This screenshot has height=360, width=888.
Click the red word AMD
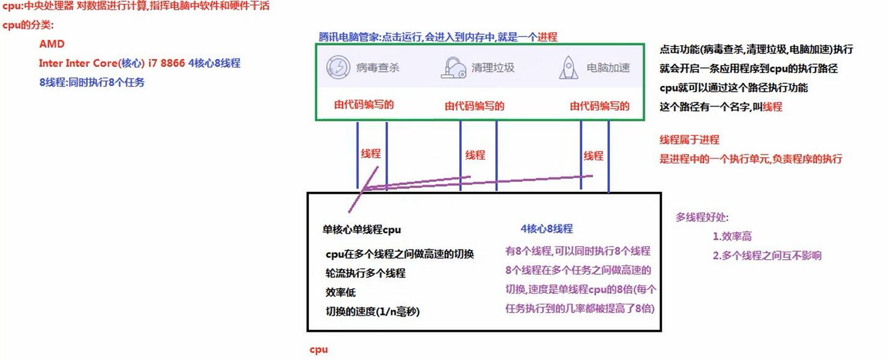[51, 44]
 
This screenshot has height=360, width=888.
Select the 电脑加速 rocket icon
[569, 67]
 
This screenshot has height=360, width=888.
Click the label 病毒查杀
[377, 67]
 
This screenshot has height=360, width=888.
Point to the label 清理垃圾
[493, 67]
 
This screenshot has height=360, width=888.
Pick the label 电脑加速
[608, 67]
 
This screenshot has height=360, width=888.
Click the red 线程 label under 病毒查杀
[371, 153]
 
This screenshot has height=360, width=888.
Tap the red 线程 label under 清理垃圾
[475, 155]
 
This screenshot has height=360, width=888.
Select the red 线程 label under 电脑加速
[593, 155]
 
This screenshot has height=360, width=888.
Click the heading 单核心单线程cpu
[362, 229]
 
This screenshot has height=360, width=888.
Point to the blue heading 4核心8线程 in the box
[546, 229]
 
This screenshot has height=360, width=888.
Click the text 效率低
[340, 293]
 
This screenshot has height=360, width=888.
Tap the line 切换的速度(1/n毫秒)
[373, 312]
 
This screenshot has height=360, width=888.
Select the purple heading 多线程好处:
[702, 217]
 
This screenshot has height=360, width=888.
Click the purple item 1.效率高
[732, 236]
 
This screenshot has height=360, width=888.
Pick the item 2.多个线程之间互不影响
[767, 255]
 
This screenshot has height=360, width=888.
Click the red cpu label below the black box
[319, 349]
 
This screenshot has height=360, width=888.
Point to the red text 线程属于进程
[689, 140]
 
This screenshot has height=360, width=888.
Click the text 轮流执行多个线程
[365, 273]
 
